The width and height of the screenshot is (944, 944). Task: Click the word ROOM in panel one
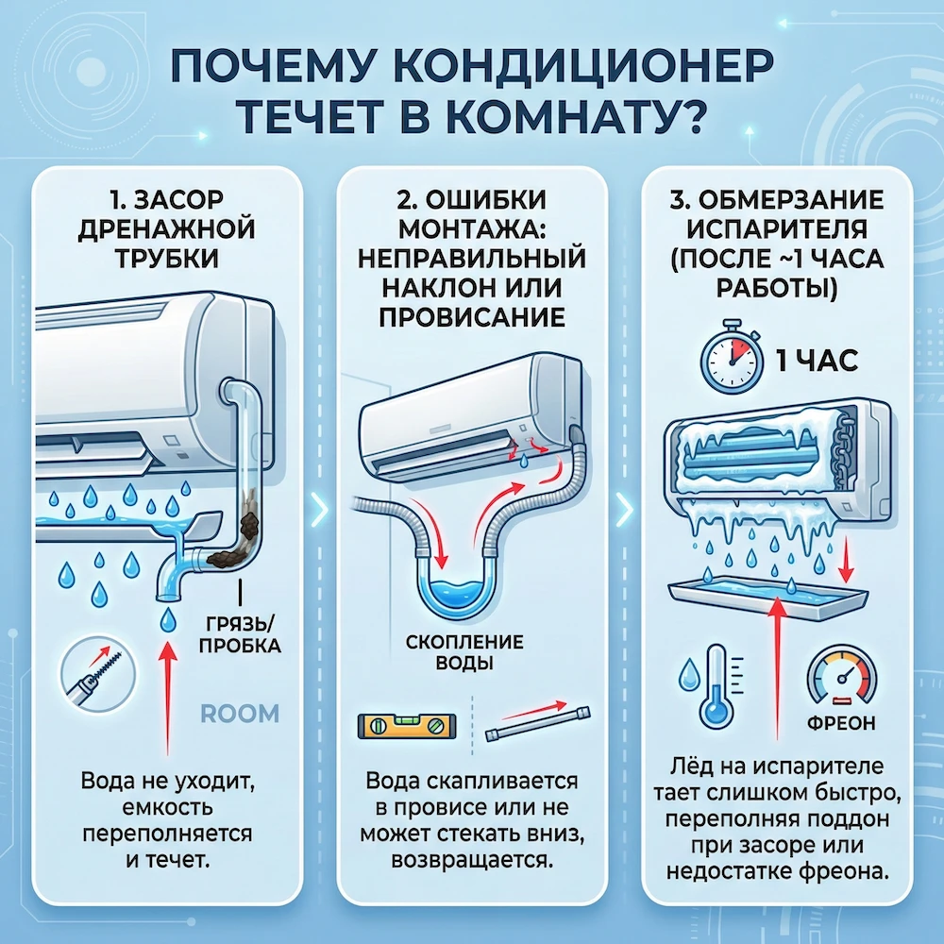(x=241, y=712)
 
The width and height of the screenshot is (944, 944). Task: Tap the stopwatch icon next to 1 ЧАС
(x=729, y=361)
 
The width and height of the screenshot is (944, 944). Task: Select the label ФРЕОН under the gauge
(x=841, y=723)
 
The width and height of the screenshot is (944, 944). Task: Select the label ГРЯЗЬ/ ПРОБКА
(x=242, y=633)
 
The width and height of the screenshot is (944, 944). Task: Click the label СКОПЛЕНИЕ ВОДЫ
(x=464, y=651)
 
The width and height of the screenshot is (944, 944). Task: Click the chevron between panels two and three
(x=624, y=511)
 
